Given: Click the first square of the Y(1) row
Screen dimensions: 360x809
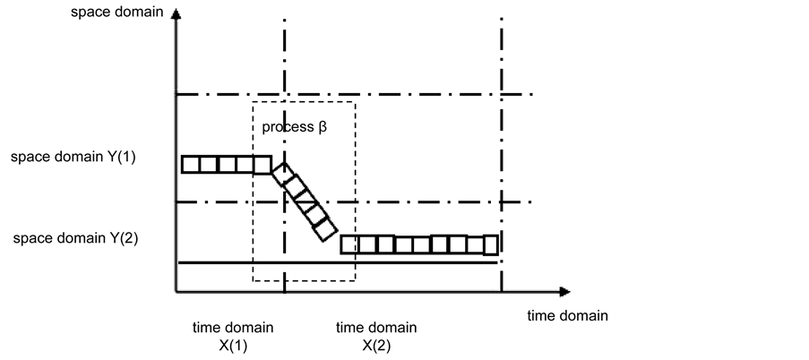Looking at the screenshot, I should pyautogui.click(x=190, y=164).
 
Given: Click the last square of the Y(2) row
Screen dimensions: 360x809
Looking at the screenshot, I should pyautogui.click(x=489, y=244).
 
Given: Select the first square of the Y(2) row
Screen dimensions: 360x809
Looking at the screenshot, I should pyautogui.click(x=349, y=244).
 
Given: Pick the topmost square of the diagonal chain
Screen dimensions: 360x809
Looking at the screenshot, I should pyautogui.click(x=283, y=174).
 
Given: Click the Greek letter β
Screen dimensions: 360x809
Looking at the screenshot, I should pyautogui.click(x=324, y=127).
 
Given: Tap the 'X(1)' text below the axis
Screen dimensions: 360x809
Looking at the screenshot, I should pyautogui.click(x=233, y=345).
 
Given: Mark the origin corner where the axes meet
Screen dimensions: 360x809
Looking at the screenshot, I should pyautogui.click(x=176, y=291).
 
